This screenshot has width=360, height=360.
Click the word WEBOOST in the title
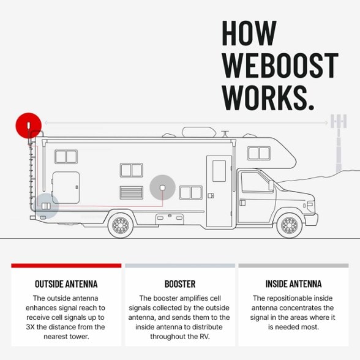[x=280, y=66]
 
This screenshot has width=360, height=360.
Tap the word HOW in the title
[x=249, y=33]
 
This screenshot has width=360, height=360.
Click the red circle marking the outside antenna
[x=29, y=126]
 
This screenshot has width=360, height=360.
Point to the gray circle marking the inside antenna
[x=163, y=188]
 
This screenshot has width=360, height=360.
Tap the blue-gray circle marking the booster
[x=46, y=206]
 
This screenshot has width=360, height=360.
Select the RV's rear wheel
[x=121, y=225]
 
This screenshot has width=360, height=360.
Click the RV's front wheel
[x=289, y=225]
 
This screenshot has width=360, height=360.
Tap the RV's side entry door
[x=219, y=192]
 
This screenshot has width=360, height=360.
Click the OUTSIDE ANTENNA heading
[x=66, y=284]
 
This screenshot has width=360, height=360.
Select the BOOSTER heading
[x=180, y=284]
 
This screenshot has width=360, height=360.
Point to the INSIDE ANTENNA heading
[x=293, y=284]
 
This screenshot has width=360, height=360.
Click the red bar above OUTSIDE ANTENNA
[x=66, y=266]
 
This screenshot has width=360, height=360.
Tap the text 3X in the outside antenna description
[x=31, y=327]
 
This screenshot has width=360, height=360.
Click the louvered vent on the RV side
[x=131, y=193]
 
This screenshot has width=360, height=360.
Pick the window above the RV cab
[x=259, y=153]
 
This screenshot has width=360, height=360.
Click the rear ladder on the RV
[x=31, y=174]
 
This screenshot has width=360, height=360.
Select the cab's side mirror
[x=271, y=186]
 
